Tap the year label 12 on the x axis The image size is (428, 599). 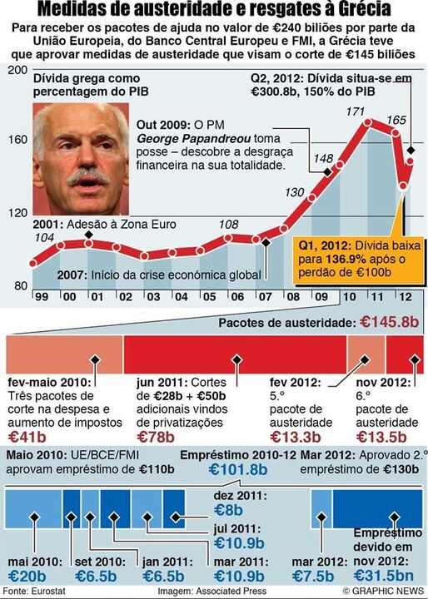(406, 297)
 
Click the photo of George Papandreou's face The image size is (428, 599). (80, 158)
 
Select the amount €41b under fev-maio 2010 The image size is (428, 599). (28, 435)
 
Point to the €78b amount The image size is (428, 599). (155, 435)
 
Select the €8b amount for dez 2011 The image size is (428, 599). (228, 510)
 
